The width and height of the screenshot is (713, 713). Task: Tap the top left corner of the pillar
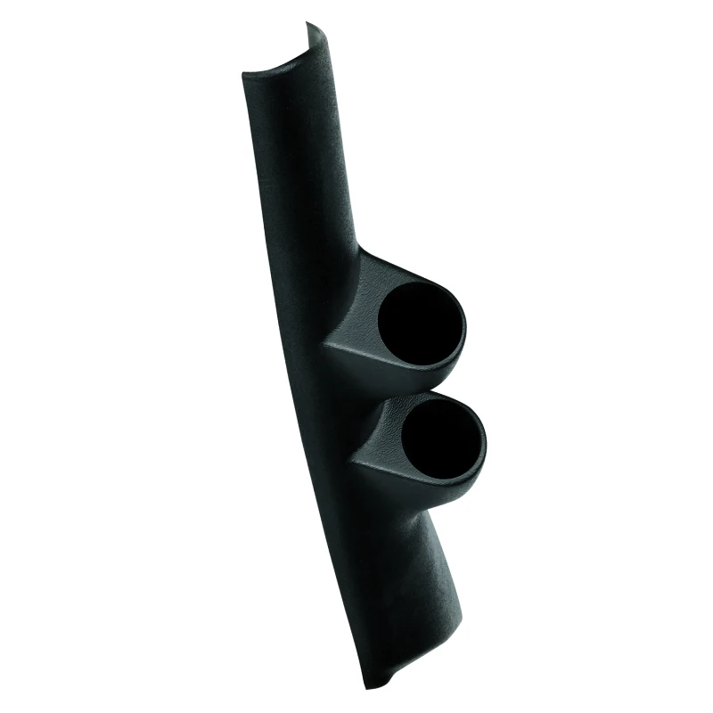click(x=244, y=75)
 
